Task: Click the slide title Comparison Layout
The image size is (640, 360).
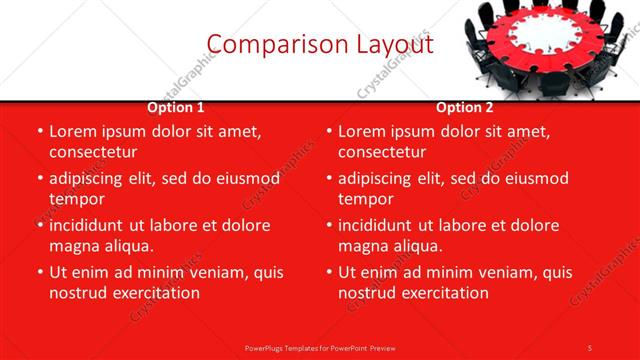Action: pyautogui.click(x=320, y=45)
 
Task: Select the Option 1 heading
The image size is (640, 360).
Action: pyautogui.click(x=176, y=108)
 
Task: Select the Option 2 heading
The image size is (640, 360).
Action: pyautogui.click(x=464, y=108)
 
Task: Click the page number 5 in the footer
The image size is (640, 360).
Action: pyautogui.click(x=590, y=347)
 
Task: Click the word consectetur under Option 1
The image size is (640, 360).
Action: pyautogui.click(x=93, y=152)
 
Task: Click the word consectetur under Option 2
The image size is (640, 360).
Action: pyautogui.click(x=382, y=152)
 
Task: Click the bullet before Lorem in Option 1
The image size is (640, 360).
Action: pyautogui.click(x=40, y=132)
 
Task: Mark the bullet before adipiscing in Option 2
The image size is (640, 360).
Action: pyautogui.click(x=329, y=179)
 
